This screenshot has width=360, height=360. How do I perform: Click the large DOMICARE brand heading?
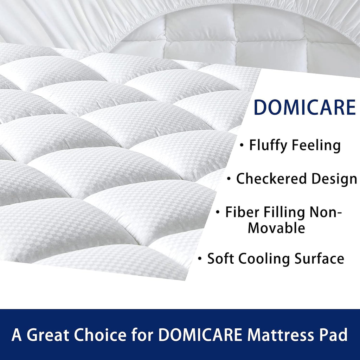(304, 107)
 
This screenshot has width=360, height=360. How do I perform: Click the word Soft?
(220, 259)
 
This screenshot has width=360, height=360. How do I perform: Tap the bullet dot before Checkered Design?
(229, 179)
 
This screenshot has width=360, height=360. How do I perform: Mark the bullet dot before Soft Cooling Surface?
(200, 259)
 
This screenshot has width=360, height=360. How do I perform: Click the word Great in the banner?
(47, 335)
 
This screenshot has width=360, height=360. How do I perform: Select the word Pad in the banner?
(335, 335)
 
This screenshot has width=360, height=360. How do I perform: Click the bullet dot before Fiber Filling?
(218, 213)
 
